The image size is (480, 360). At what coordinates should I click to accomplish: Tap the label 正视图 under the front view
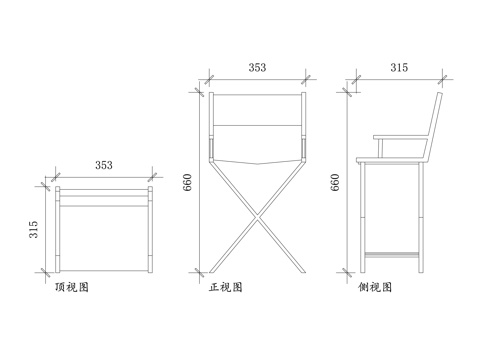pos(224,287)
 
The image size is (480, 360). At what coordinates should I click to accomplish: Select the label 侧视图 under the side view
pos(374,287)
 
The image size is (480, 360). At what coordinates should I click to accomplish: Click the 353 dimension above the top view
pos(103,164)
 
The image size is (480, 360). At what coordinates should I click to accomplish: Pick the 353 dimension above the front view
pos(257,67)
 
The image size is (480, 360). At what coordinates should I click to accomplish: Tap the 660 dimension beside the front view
pos(187,182)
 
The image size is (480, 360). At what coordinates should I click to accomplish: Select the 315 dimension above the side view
pos(399,67)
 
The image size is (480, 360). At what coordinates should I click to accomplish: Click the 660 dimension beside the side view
pos(336,182)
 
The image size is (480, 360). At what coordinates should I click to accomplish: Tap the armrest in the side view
pos(400,137)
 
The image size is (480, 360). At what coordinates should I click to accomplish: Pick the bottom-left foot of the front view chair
pos(213,267)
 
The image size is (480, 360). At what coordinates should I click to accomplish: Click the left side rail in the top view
pos(58,229)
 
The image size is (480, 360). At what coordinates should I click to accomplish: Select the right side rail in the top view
pos(149,229)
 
